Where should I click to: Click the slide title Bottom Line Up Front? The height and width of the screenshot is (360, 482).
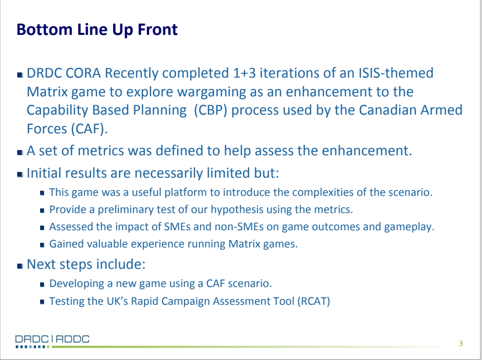pos(97,30)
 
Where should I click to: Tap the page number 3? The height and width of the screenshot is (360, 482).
pos(461,343)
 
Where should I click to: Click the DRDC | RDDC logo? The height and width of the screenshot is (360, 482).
pos(52,341)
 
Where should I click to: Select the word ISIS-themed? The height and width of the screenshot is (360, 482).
pos(396,73)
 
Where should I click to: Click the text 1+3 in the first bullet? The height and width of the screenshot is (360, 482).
pos(244,73)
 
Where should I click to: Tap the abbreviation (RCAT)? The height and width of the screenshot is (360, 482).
pos(314,301)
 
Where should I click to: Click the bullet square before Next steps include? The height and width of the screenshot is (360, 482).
pos(20,266)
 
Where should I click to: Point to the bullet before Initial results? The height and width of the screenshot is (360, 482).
pos(20,175)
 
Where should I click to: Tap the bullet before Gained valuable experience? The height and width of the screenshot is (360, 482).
pos(42,245)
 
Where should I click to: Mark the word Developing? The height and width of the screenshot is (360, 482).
pos(77,283)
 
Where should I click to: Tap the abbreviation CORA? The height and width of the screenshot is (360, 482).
pos(83,73)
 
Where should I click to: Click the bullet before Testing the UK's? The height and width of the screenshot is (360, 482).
pos(42,302)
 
